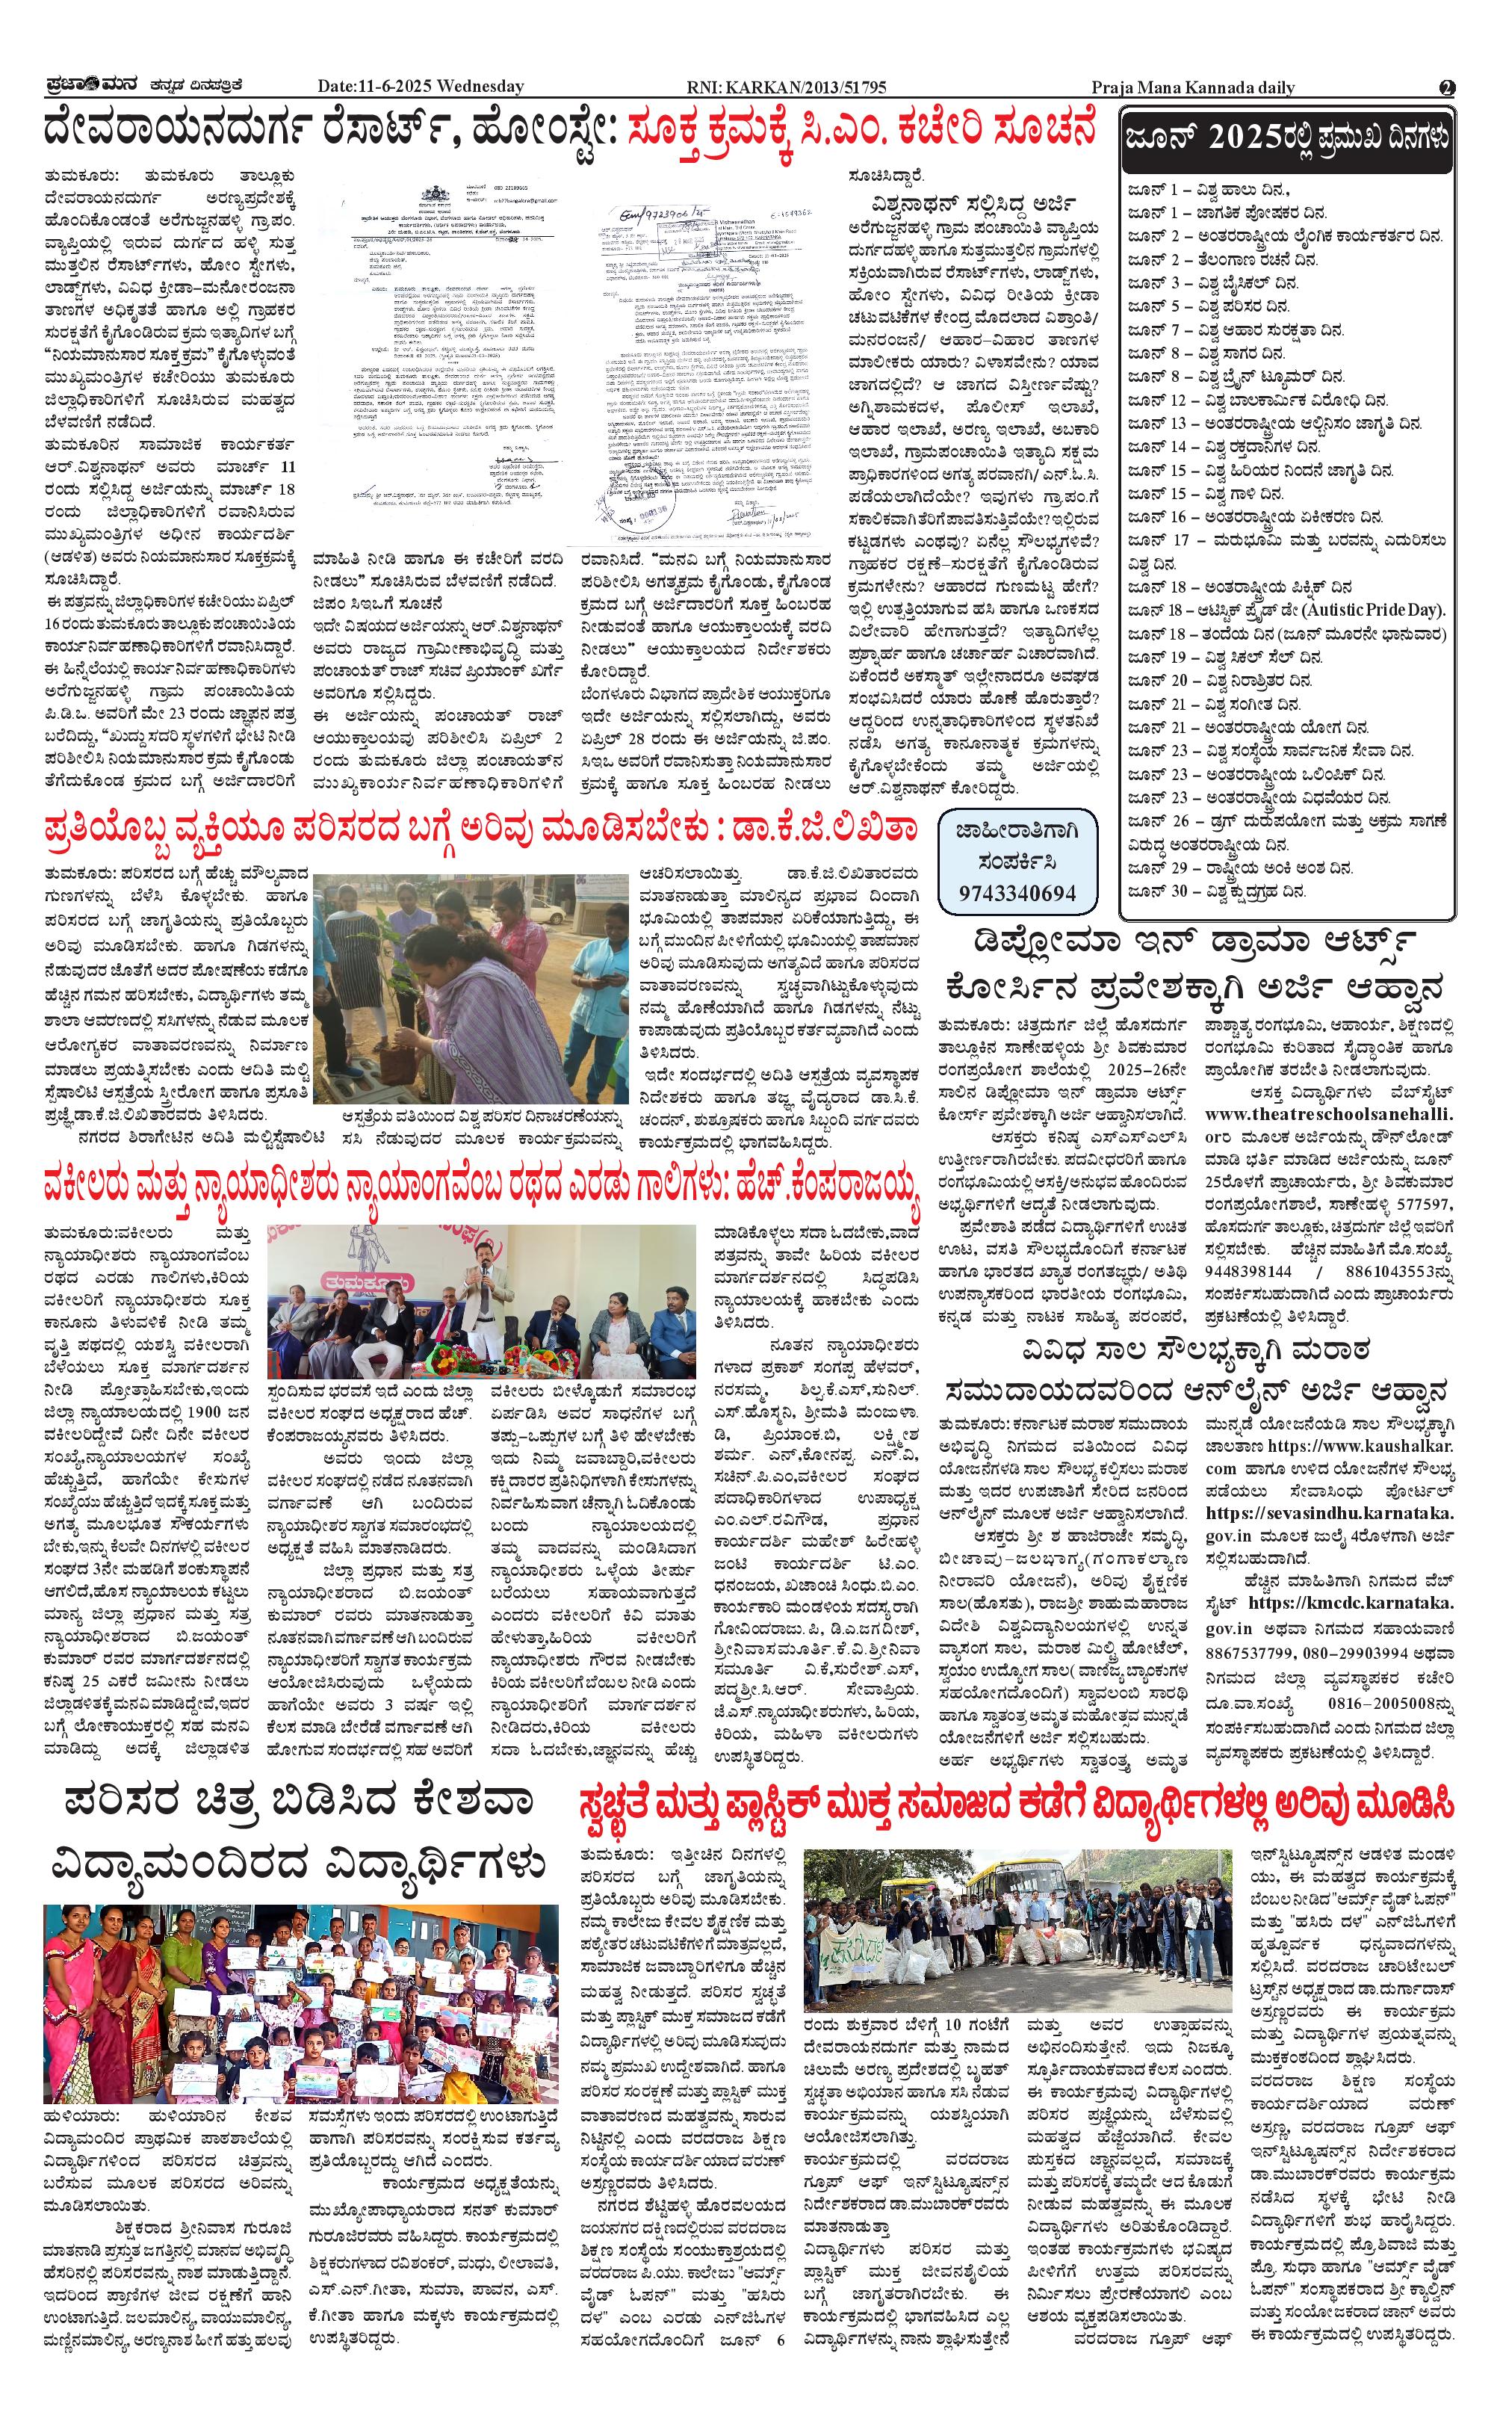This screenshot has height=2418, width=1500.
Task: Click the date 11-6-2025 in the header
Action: pos(396,87)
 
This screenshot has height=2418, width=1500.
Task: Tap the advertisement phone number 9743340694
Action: pos(1017,893)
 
